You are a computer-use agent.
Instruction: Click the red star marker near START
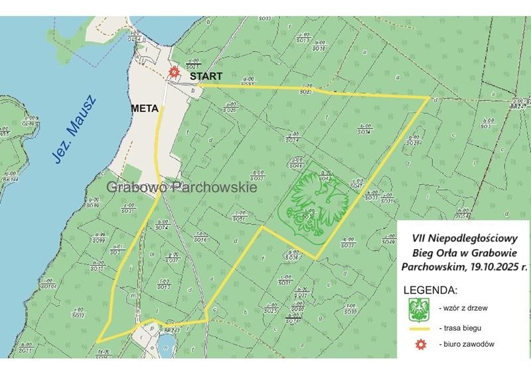[x=174, y=72]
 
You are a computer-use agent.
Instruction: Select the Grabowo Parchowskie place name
[x=181, y=188]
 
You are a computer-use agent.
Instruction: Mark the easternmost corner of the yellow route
[x=429, y=98]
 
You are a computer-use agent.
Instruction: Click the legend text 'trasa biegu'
[x=464, y=329]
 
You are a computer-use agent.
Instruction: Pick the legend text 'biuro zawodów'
[x=467, y=345]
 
